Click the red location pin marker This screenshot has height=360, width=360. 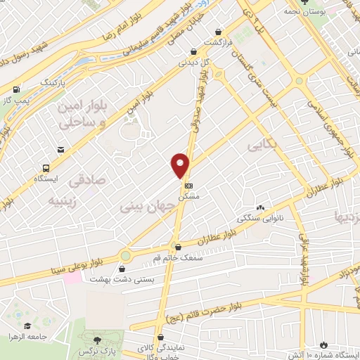point(181,165)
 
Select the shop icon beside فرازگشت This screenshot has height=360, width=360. point(220,32)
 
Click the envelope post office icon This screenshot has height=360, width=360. point(61,150)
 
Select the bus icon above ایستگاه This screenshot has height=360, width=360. point(46,168)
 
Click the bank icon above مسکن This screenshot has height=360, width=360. point(188,184)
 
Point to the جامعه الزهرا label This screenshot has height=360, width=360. point(27,336)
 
